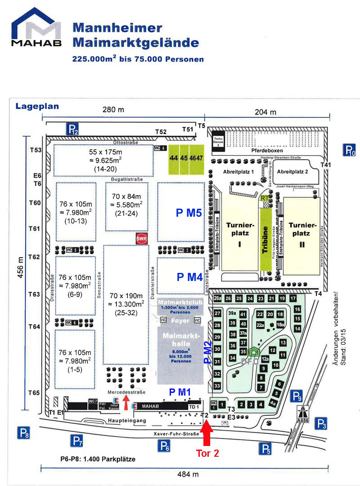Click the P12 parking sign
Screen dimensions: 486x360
73,129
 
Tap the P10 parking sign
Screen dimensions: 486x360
350,150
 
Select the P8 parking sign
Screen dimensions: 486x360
24,433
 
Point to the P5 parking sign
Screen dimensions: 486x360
265,448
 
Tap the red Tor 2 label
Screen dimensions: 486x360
207,453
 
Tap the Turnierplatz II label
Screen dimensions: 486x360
302,229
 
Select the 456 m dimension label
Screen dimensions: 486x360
20,269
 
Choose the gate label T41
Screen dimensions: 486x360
326,165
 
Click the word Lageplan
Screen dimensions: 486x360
37,107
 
